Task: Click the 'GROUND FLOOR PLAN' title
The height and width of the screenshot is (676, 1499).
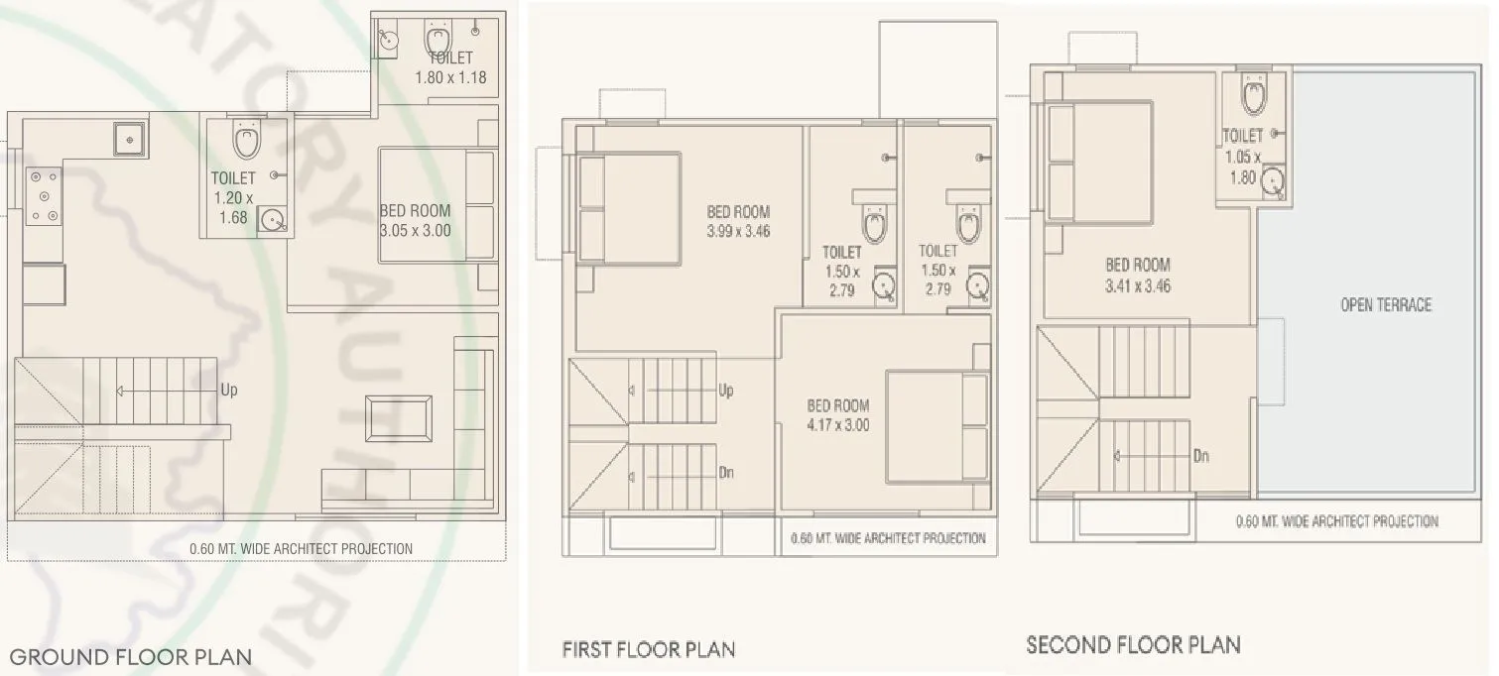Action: point(130,656)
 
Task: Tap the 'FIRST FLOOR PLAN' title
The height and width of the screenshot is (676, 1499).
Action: point(648,650)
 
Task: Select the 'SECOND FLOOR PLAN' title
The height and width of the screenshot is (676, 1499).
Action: point(1133,645)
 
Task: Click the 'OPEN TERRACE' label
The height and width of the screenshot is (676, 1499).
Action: point(1386,305)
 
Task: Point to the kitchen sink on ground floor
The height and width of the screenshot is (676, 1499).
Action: point(130,139)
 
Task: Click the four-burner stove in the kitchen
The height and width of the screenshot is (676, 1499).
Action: point(43,195)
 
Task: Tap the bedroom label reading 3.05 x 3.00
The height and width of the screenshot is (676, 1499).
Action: point(415,220)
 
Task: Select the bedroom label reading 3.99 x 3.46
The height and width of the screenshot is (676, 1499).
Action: point(738,222)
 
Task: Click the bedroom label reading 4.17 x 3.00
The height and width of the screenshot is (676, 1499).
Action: point(837,415)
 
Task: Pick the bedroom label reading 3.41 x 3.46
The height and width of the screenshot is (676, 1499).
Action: point(1138,276)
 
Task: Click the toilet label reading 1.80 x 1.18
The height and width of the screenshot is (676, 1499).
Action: point(450,67)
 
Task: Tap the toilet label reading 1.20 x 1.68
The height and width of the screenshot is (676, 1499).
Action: point(233,197)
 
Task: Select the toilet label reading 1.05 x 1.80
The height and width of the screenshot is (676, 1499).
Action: point(1242,157)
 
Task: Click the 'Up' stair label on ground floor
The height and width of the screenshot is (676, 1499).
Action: point(229,391)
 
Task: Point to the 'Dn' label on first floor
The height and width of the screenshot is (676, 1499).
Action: point(725,473)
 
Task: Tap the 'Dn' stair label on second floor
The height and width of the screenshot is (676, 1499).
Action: point(1200,457)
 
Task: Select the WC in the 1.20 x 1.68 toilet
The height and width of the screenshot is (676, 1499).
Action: point(246,140)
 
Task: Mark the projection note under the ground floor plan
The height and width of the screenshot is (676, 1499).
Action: point(301,548)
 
